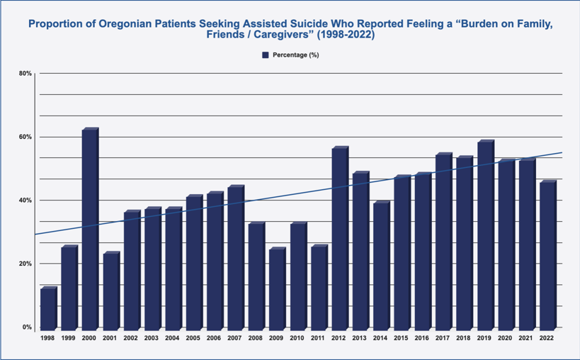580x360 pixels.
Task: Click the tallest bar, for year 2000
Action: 90,228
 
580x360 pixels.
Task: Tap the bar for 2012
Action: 339,237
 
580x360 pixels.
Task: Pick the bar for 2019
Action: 485,235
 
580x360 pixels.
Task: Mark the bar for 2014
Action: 381,264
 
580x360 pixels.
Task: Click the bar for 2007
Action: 235,257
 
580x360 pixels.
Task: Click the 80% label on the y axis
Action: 25,73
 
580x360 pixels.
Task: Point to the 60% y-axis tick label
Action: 25,137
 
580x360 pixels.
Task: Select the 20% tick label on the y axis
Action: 25,264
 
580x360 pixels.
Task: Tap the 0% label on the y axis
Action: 27,327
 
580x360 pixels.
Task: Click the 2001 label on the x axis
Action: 110,339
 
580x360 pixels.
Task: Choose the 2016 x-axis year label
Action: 423,339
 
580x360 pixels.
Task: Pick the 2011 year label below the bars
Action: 319,339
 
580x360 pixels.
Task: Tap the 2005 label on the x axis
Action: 194,339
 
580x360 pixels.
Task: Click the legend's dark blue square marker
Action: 266,55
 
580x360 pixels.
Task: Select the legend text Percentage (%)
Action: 295,55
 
